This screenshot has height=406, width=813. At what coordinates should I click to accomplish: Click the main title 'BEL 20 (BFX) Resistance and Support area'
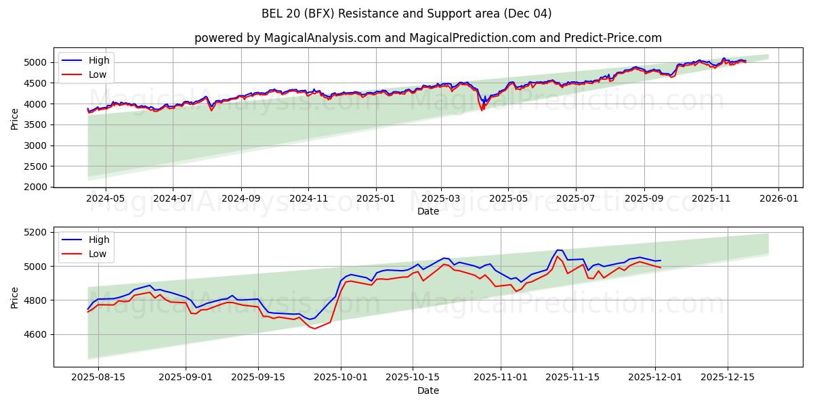(x=406, y=14)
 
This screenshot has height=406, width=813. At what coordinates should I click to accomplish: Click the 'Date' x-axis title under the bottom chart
(x=428, y=390)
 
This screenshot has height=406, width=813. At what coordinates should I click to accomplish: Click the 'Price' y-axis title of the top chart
(x=15, y=118)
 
